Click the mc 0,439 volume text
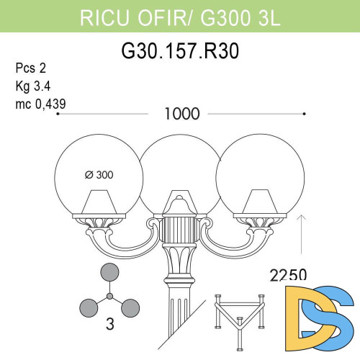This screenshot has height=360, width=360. pos(40,104)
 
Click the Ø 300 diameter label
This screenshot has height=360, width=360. pos(99,174)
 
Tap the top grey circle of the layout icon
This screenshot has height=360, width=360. pos(109,272)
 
